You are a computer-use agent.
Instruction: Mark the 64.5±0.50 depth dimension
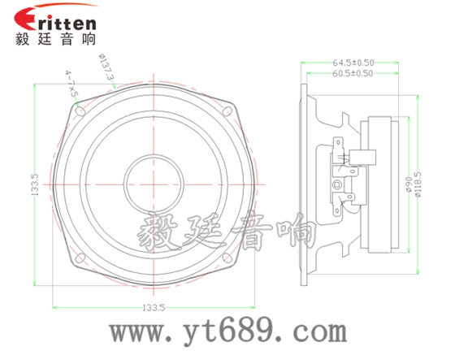353,62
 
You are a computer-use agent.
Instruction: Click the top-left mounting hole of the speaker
79,107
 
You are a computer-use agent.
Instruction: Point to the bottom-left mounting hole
80,258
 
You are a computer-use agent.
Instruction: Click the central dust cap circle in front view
153,182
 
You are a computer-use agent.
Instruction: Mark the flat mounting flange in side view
305,184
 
